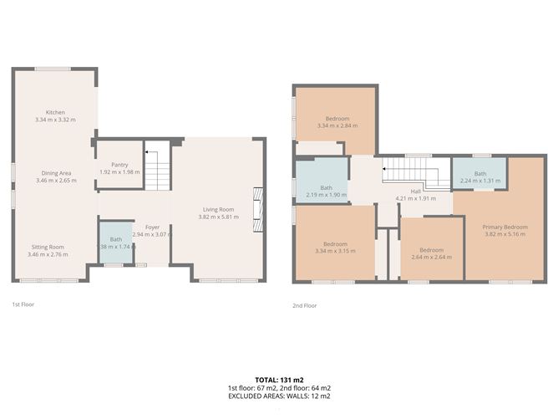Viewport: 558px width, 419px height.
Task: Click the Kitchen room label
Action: (x=55, y=113)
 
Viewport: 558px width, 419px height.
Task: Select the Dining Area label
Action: (x=55, y=173)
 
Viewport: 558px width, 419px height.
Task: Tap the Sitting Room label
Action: (x=48, y=248)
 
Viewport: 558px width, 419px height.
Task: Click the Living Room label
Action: (x=217, y=209)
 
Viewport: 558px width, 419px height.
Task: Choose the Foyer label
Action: (x=152, y=227)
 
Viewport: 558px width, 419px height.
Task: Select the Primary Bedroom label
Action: (x=504, y=227)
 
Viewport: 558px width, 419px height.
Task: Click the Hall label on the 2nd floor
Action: (x=414, y=192)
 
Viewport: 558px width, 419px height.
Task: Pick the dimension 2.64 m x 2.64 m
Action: (x=431, y=257)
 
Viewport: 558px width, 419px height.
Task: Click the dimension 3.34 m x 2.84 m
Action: (x=337, y=126)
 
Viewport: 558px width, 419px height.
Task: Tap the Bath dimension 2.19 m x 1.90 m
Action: (x=325, y=195)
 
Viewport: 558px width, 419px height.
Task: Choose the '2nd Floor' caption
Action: (x=305, y=305)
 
